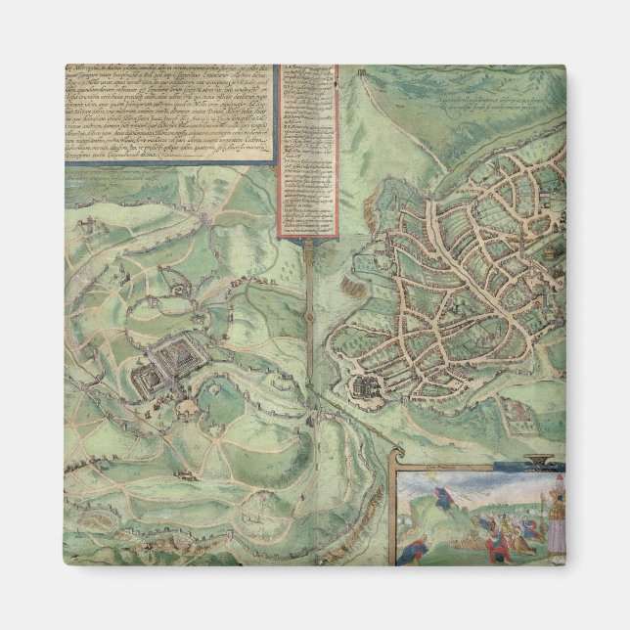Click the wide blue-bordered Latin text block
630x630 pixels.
[x=166, y=112]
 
